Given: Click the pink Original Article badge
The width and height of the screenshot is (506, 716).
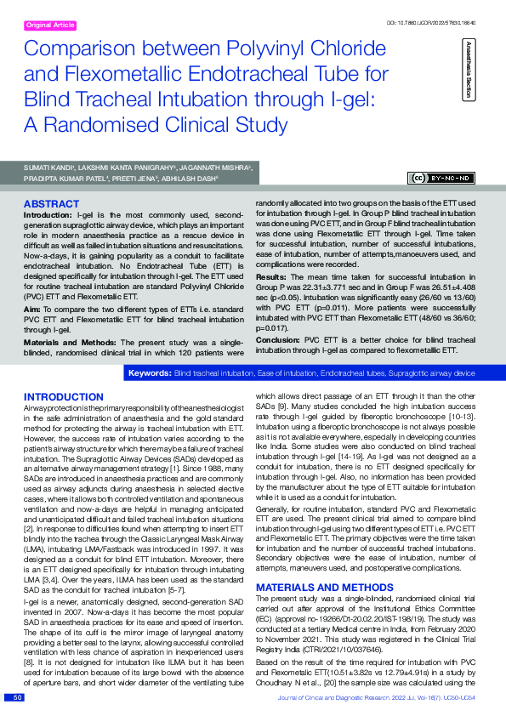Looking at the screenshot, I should point(52,26).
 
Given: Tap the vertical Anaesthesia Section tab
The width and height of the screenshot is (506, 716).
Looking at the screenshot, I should point(467,67).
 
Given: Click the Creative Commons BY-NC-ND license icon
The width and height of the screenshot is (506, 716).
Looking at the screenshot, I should point(442,178).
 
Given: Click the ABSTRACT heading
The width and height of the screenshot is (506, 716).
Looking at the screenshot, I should point(52,205).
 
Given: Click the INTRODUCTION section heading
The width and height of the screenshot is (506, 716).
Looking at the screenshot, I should point(64,397).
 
